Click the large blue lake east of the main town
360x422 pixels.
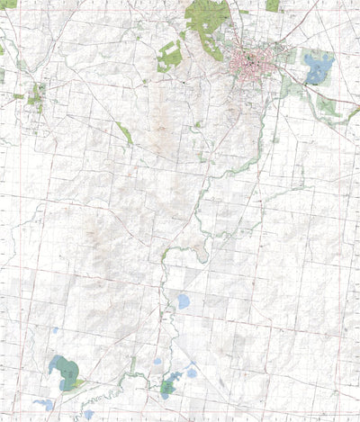point(318,67)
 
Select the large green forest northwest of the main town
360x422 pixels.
point(205,22)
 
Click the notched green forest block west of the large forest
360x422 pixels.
point(169,57)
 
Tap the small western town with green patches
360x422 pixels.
point(37,95)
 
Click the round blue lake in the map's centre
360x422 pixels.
point(183,301)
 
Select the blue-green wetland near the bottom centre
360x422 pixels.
point(168,388)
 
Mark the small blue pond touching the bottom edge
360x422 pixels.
point(88,415)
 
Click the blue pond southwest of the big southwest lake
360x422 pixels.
point(43,405)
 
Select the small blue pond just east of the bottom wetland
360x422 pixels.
point(191,373)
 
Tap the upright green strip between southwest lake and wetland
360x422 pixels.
point(132,366)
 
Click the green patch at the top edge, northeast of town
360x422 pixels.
point(273,5)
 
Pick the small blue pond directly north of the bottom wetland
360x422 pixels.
point(157,362)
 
